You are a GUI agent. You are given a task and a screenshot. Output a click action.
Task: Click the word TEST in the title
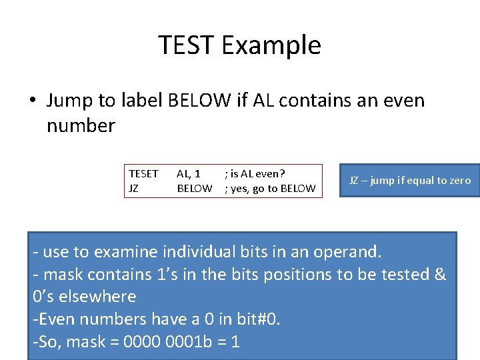(187, 45)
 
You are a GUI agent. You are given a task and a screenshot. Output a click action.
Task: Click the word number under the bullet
(81, 125)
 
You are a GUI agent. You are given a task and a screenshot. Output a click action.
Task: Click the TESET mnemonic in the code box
(143, 174)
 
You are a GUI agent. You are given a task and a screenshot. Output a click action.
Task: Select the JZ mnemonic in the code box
(133, 189)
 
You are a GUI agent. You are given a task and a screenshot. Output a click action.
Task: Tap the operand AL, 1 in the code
(189, 174)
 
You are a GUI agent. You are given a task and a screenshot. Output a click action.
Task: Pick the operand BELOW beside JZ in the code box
(195, 189)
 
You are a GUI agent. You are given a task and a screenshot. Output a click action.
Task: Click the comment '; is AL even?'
(255, 174)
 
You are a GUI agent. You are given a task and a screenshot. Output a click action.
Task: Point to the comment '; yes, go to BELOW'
(270, 189)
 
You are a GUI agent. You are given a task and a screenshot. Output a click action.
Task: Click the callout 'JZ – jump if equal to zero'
(410, 181)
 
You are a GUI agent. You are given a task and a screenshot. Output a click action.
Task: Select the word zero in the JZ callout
(458, 181)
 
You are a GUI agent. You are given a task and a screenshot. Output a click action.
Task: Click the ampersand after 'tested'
(439, 275)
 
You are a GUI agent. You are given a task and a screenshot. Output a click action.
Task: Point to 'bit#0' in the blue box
(258, 320)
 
